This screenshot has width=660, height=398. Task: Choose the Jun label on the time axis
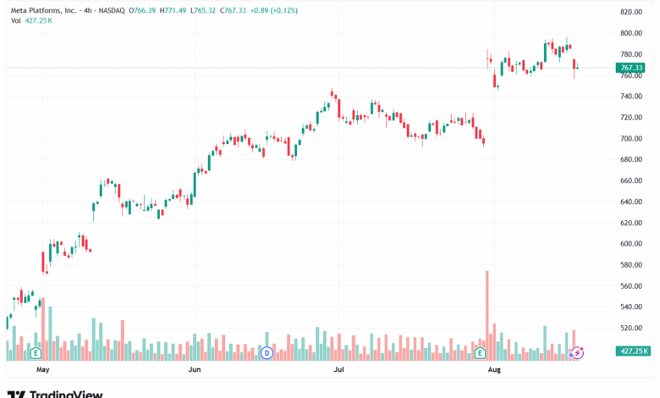194,370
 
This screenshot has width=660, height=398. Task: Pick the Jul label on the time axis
338,370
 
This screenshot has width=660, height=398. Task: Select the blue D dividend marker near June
267,352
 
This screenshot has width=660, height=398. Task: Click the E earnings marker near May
36,352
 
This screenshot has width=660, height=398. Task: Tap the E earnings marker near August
480,352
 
